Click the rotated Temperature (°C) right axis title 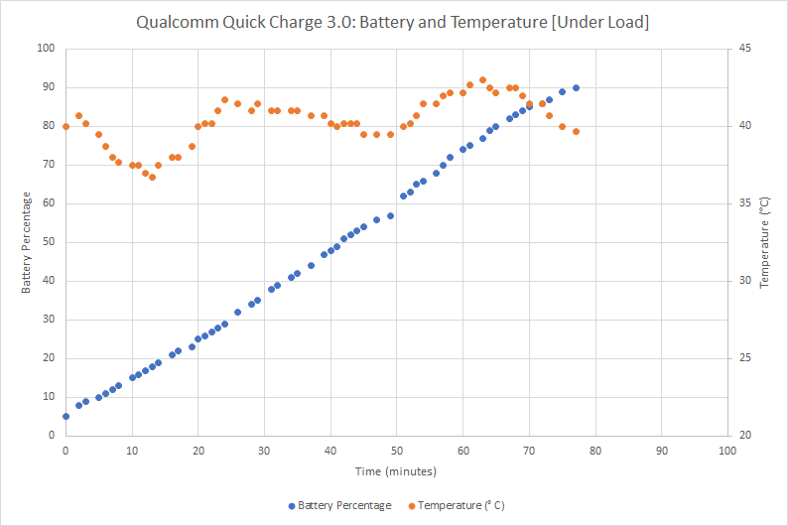coord(764,241)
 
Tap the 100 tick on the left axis coord(46,49)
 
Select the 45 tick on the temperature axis coord(744,49)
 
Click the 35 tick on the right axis coord(744,203)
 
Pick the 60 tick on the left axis coord(48,203)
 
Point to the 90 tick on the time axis coord(661,450)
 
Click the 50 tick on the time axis coord(396,450)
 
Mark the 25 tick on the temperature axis coord(744,358)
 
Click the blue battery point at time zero coord(66,417)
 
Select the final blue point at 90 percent coord(576,87)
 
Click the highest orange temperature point coord(482,80)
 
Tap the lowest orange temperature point coord(152,177)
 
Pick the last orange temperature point coord(576,131)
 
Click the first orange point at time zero coord(66,126)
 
